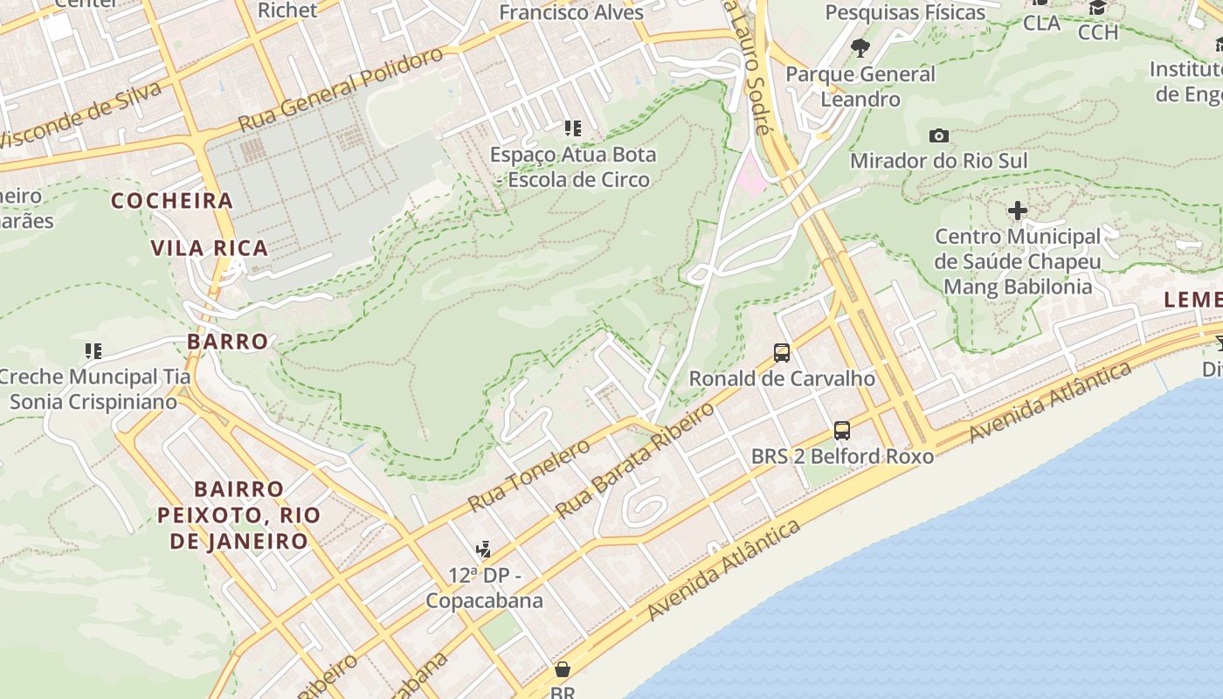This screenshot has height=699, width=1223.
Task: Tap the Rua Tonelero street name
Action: [x=529, y=475]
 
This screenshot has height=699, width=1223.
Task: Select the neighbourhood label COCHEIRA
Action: [x=172, y=201]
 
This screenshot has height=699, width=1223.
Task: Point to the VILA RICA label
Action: [x=210, y=248]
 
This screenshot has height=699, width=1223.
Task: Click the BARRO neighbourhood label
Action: [x=227, y=342]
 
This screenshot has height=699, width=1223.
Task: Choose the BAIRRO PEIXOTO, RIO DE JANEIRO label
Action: [x=239, y=515]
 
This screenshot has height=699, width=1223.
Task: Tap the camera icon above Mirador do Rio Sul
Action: [x=939, y=135]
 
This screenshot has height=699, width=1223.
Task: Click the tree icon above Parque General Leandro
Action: [x=860, y=47]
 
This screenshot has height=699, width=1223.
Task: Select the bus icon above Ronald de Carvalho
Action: [x=782, y=353]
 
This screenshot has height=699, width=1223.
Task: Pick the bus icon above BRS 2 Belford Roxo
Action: [x=842, y=431]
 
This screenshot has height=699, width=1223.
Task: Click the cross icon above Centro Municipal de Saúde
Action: [x=1018, y=211]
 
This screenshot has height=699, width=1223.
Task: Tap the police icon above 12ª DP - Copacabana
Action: [x=483, y=550]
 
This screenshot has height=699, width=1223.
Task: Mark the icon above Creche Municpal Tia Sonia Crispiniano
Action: [x=93, y=351]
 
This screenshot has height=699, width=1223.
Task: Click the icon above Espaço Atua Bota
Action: [x=572, y=129]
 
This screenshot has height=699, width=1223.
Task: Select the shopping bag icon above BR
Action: [x=563, y=669]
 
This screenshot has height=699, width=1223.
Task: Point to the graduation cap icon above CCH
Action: [x=1098, y=8]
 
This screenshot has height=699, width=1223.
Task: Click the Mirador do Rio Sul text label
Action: [x=938, y=161]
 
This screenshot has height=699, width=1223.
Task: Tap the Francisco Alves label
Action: [x=571, y=12]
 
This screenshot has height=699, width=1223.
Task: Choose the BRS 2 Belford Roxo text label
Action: [x=842, y=456]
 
